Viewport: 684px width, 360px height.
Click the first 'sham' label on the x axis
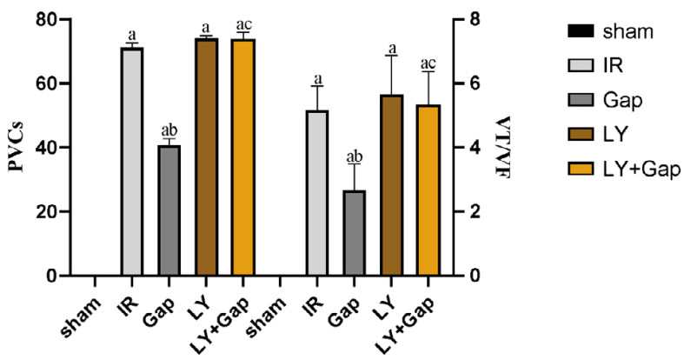click(82, 306)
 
